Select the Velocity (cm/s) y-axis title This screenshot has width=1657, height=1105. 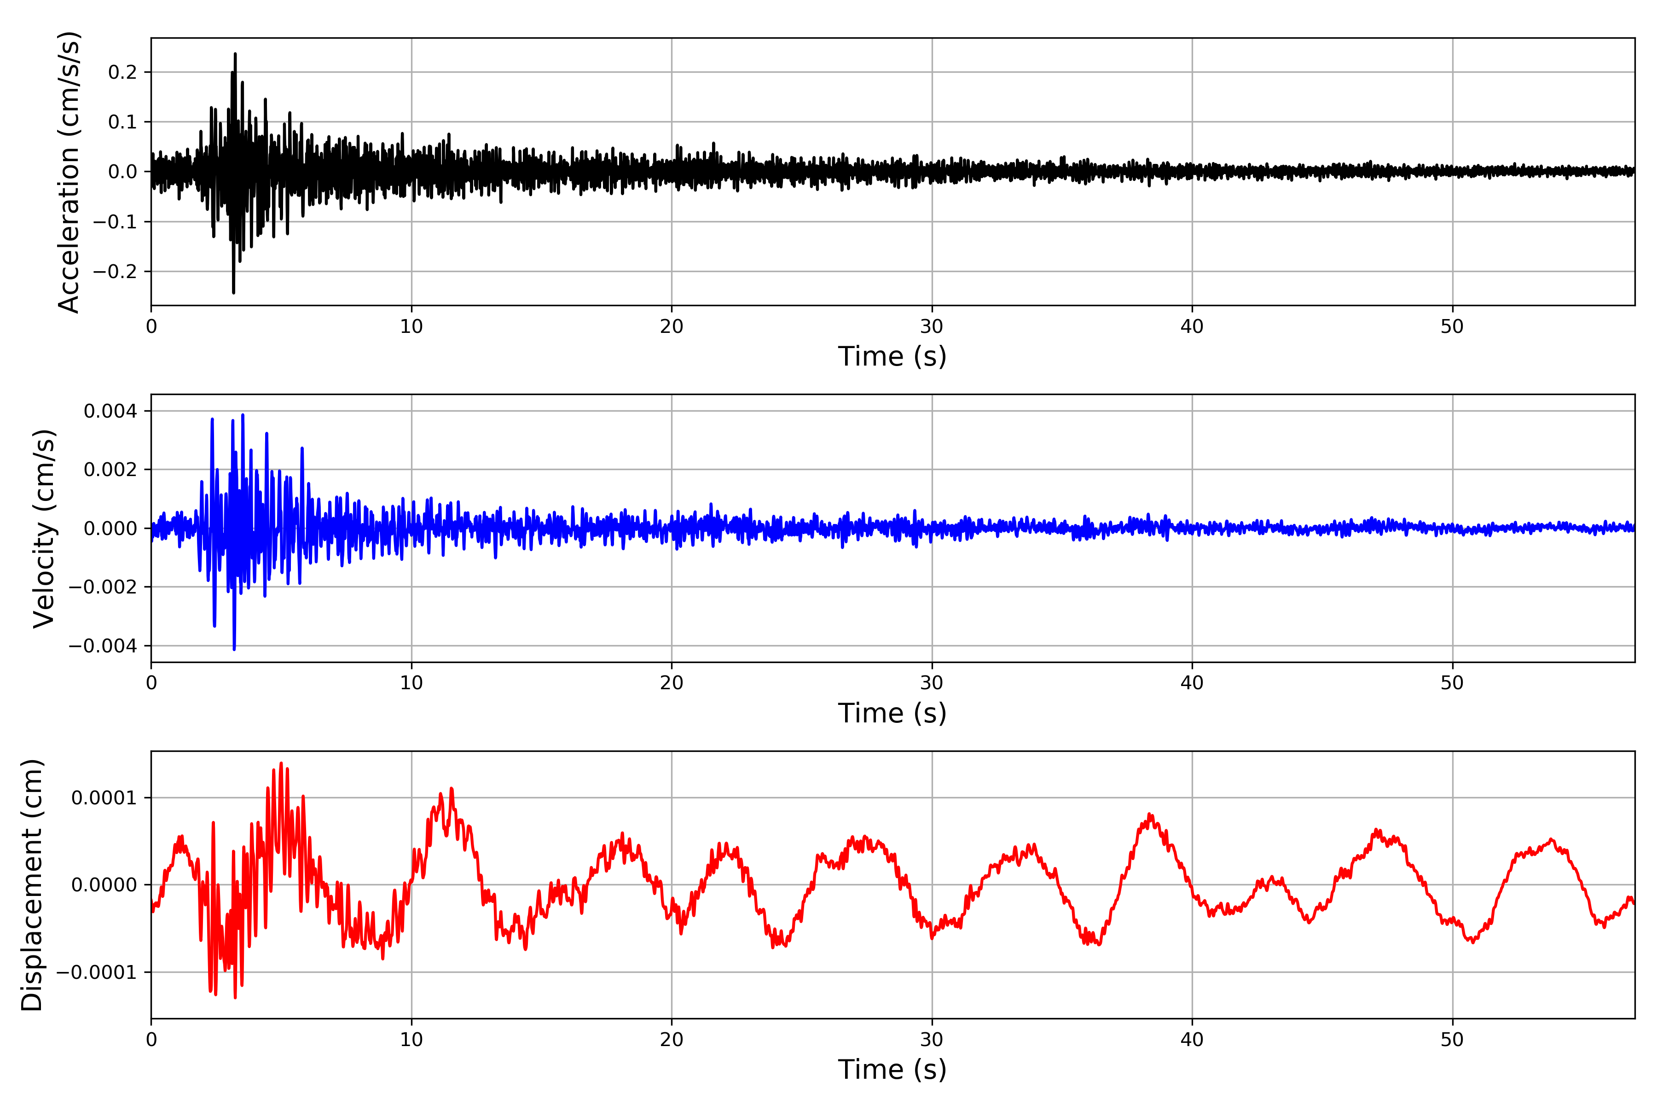(x=44, y=529)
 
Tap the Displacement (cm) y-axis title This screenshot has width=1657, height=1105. (x=32, y=885)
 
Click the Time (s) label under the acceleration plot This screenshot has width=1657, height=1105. (x=892, y=356)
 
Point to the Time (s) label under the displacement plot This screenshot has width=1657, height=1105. (x=892, y=1070)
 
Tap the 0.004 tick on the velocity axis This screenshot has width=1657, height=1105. (x=110, y=411)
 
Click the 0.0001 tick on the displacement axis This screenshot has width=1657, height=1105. (x=104, y=798)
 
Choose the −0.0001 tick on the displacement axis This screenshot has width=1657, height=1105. (x=97, y=972)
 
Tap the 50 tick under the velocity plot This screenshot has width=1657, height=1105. (x=1452, y=683)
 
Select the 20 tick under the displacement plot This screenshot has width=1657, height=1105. (x=672, y=1040)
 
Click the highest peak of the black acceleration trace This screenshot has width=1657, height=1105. (x=235, y=53)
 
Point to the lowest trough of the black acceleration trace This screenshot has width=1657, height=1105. (x=233, y=292)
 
